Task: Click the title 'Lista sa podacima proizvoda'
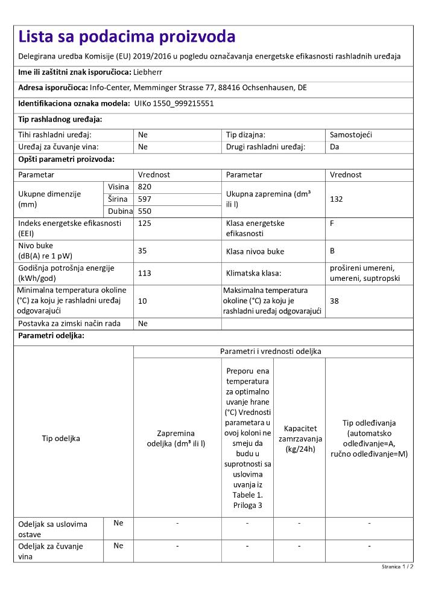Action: tap(127, 37)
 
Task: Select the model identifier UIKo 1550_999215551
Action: tap(174, 103)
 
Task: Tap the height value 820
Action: tap(145, 187)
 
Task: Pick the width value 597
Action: tap(145, 199)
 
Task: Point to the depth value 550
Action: tap(145, 211)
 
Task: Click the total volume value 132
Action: tap(337, 199)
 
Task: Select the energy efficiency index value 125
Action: tap(145, 223)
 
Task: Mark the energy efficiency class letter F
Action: tap(332, 223)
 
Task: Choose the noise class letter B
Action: tap(333, 251)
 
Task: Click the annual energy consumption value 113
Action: tap(145, 273)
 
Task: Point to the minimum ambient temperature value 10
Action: tap(142, 300)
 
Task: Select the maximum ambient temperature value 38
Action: tap(335, 300)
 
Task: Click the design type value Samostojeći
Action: tap(351, 135)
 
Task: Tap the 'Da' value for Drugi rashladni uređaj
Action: tap(335, 146)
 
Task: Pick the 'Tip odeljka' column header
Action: tap(61, 439)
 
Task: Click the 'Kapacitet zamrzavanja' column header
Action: tap(300, 439)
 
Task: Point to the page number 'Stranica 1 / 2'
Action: tap(397, 567)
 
